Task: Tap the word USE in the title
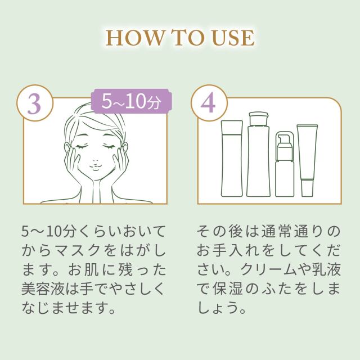tap(233, 38)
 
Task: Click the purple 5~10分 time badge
tap(130, 103)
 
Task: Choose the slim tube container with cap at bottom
tap(307, 160)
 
